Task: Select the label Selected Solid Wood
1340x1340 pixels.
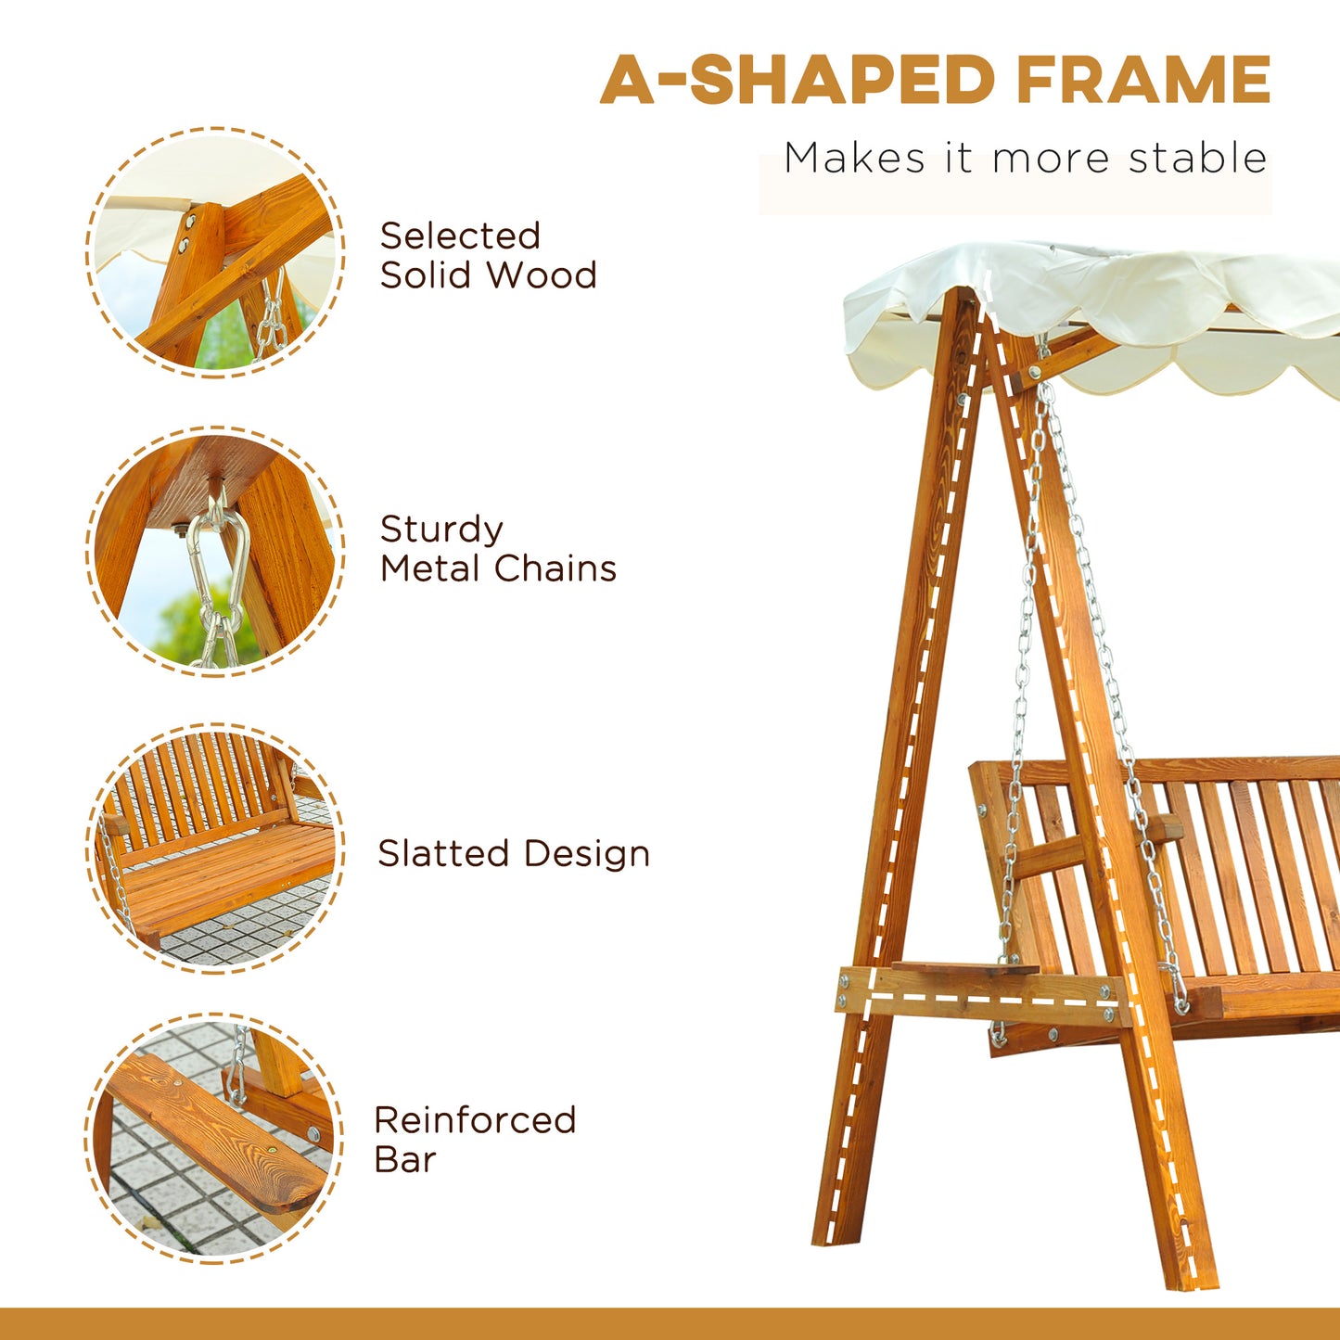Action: click(488, 255)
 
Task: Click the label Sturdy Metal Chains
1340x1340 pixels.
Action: click(498, 548)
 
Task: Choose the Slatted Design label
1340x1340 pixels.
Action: click(514, 853)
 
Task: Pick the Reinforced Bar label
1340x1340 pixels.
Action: click(475, 1139)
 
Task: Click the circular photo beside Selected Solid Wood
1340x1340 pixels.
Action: click(215, 251)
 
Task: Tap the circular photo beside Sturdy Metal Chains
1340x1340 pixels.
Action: click(215, 551)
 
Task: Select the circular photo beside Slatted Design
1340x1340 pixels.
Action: click(215, 849)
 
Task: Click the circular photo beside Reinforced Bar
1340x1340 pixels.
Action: click(215, 1138)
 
